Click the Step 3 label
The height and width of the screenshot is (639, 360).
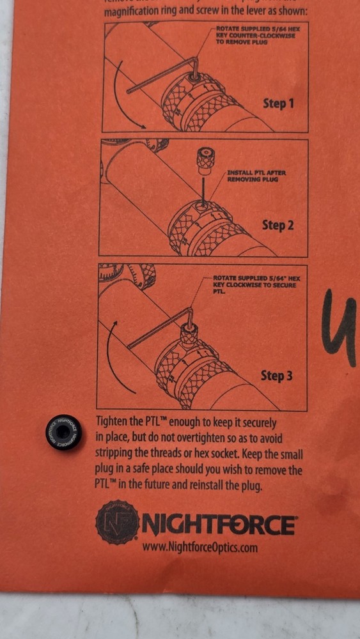coord(276,376)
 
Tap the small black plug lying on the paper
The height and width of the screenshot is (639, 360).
coord(63,433)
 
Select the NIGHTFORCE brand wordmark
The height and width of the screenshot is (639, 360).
coord(219,525)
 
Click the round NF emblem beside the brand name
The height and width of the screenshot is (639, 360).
coord(116,521)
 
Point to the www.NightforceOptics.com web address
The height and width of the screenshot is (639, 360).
coord(200,548)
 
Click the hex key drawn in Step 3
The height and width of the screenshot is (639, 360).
coord(160,329)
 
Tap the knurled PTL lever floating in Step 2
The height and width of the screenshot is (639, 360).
coord(204,161)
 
